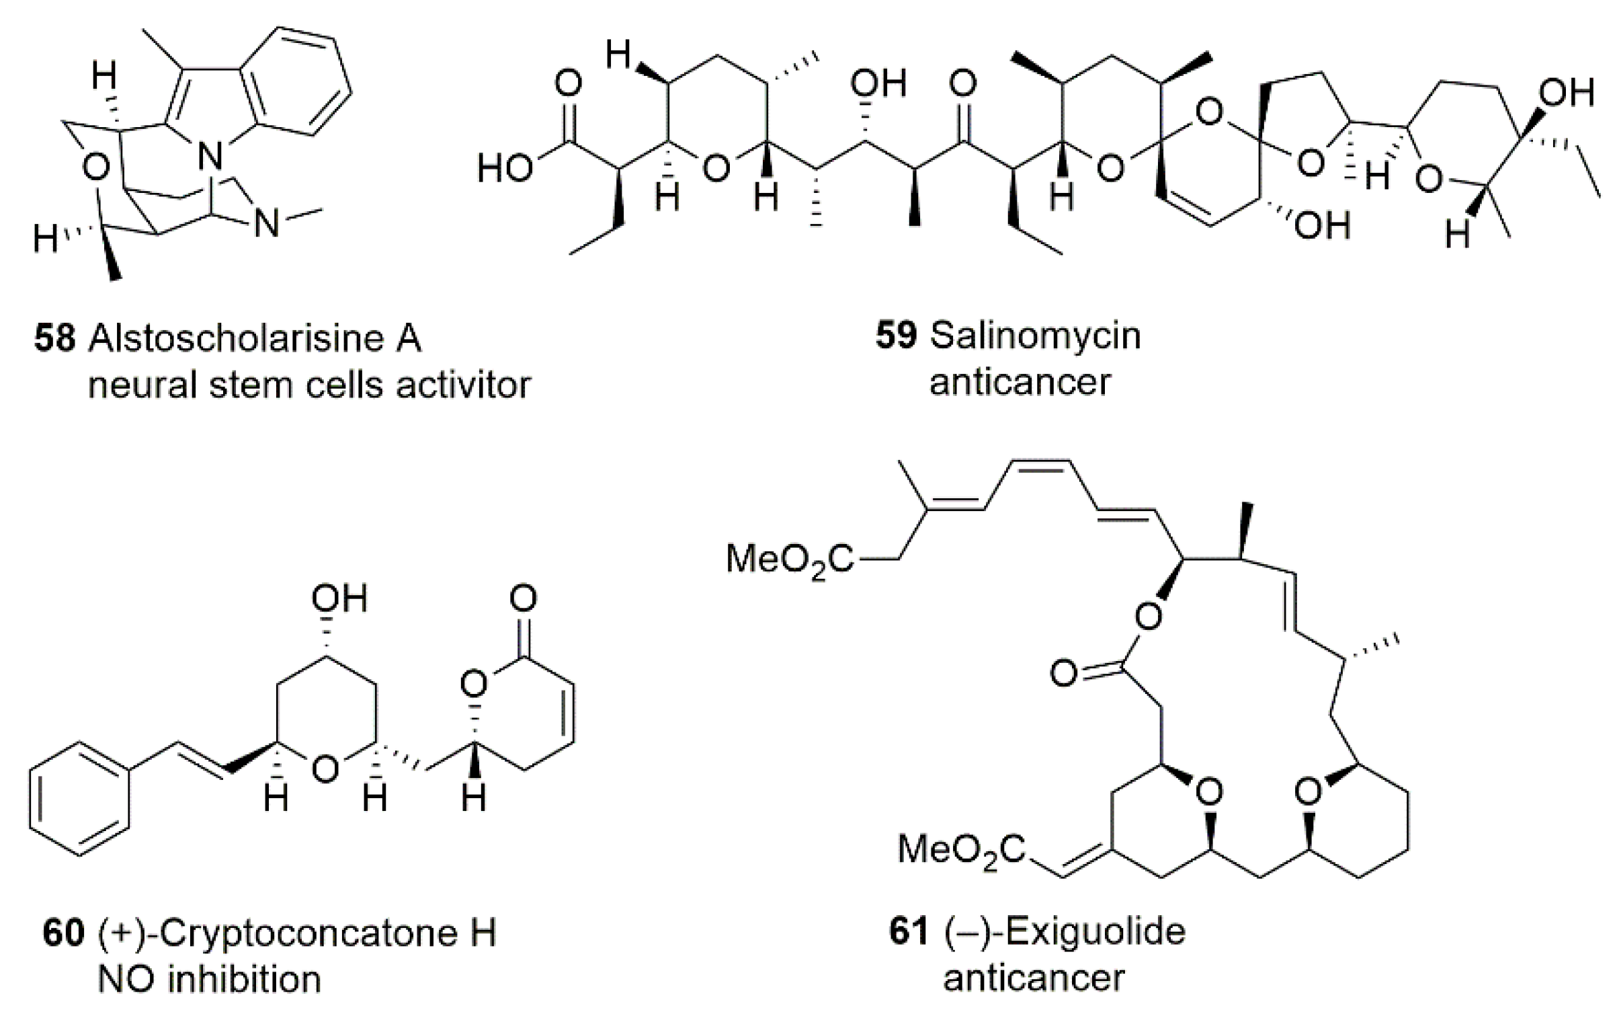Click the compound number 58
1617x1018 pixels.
54,338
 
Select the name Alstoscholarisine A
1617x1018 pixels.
255,338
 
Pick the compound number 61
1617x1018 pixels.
909,933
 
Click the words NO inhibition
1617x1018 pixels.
210,980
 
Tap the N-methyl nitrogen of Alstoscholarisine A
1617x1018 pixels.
268,223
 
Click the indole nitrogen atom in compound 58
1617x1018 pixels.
210,159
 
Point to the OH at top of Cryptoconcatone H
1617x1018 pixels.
339,598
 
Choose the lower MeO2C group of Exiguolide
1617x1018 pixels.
961,850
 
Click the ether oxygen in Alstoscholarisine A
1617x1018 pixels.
96,168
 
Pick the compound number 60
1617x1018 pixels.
63,934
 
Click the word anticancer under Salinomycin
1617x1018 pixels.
1020,382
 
